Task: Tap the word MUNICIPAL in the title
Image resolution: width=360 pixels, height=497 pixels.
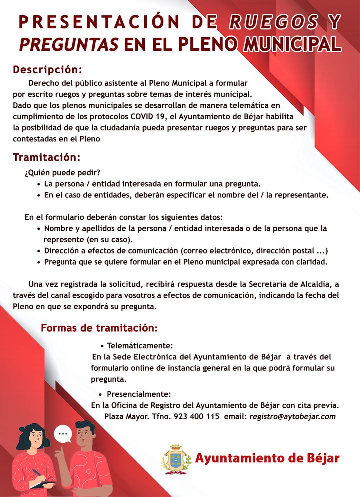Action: (x=292, y=44)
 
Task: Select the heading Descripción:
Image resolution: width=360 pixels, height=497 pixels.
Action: (x=47, y=69)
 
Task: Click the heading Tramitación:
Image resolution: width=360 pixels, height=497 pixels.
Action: (x=46, y=158)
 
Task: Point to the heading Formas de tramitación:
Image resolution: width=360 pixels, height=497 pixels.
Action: (x=99, y=328)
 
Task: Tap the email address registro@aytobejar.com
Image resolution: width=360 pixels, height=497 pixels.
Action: (x=292, y=416)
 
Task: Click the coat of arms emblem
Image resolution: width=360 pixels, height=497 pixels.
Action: (x=176, y=459)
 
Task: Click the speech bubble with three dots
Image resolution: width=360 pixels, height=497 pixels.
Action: (x=63, y=433)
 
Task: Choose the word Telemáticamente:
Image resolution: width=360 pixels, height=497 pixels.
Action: (x=140, y=346)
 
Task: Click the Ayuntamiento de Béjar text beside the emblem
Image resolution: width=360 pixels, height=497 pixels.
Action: (x=267, y=458)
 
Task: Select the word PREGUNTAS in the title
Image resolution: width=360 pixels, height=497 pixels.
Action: (x=69, y=44)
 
